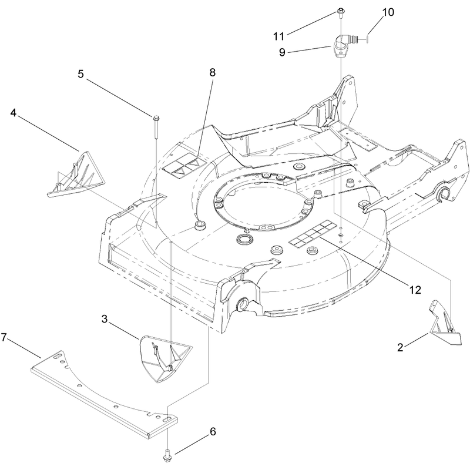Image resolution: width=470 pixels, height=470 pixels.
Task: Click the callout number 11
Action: [278, 36]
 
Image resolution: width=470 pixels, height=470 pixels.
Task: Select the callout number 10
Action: [388, 12]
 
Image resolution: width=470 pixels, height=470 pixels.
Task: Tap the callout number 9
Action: [282, 52]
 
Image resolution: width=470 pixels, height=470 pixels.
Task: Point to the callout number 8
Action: [213, 72]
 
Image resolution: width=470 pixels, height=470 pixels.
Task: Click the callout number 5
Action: [80, 74]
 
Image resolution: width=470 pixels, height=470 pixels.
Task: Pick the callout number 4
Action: [13, 113]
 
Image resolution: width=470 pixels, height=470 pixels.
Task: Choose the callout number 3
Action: [105, 319]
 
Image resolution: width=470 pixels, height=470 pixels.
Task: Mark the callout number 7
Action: [4, 337]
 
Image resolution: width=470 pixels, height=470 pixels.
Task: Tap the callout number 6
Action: [213, 432]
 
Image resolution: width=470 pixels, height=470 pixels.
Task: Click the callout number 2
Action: [400, 347]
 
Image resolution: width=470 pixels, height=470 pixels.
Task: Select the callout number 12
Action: [415, 290]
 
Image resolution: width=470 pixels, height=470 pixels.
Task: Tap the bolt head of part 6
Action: [167, 458]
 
